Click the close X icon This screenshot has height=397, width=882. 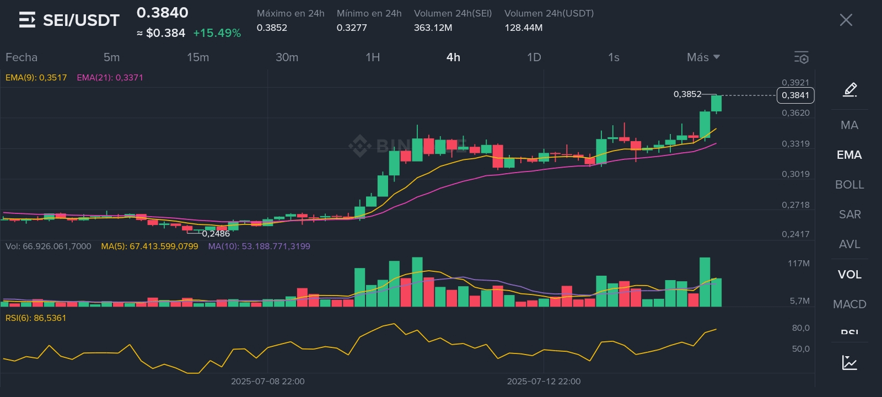(x=846, y=20)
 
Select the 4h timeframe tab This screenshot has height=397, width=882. (x=453, y=57)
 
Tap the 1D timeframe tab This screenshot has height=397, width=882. (x=534, y=57)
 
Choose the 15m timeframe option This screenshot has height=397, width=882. (x=198, y=57)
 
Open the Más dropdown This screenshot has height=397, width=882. (x=703, y=57)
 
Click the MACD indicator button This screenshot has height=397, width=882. (x=849, y=304)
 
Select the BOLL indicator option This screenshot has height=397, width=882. (x=849, y=185)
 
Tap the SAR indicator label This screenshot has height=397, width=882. (x=849, y=214)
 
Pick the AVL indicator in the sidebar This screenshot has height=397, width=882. (x=849, y=244)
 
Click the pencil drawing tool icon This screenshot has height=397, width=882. (x=850, y=89)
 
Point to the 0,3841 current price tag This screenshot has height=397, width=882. (x=795, y=95)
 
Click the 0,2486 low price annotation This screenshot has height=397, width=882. (x=216, y=234)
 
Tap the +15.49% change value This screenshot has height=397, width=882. (x=217, y=33)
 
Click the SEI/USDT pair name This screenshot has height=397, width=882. (x=81, y=20)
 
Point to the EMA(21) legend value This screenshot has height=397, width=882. (x=110, y=78)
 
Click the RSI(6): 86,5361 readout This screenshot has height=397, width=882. (x=36, y=318)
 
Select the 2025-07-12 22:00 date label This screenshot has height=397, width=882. (x=544, y=382)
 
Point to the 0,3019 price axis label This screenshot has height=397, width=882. (x=795, y=174)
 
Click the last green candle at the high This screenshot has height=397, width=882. (x=716, y=103)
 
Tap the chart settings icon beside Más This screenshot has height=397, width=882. (x=801, y=57)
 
